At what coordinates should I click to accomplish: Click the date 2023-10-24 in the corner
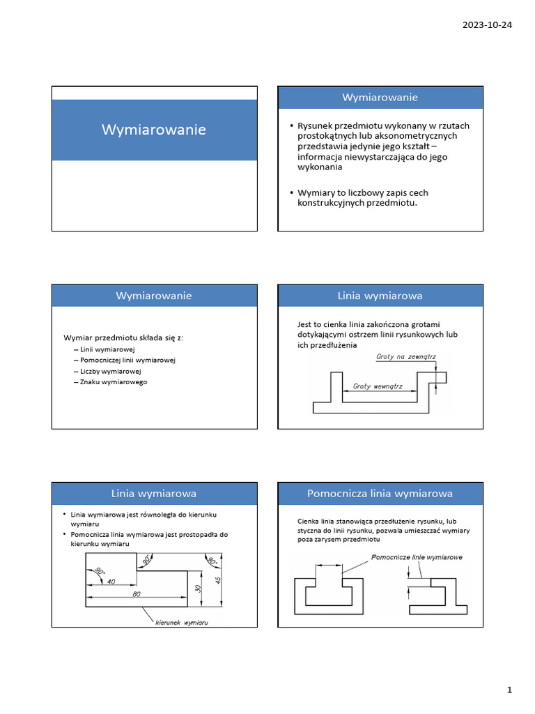click(488, 25)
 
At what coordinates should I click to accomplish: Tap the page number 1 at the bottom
click(509, 690)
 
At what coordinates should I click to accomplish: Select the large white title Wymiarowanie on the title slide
click(154, 130)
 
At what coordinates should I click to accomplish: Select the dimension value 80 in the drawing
click(138, 593)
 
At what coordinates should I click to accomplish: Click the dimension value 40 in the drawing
click(111, 582)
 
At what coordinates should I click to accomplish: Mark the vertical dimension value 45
click(218, 580)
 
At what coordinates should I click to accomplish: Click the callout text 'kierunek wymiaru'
click(182, 621)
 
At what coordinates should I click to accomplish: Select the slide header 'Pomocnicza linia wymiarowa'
click(380, 494)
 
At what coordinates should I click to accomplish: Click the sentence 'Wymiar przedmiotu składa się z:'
click(123, 338)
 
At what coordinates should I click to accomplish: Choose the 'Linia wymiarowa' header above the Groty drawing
click(380, 296)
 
